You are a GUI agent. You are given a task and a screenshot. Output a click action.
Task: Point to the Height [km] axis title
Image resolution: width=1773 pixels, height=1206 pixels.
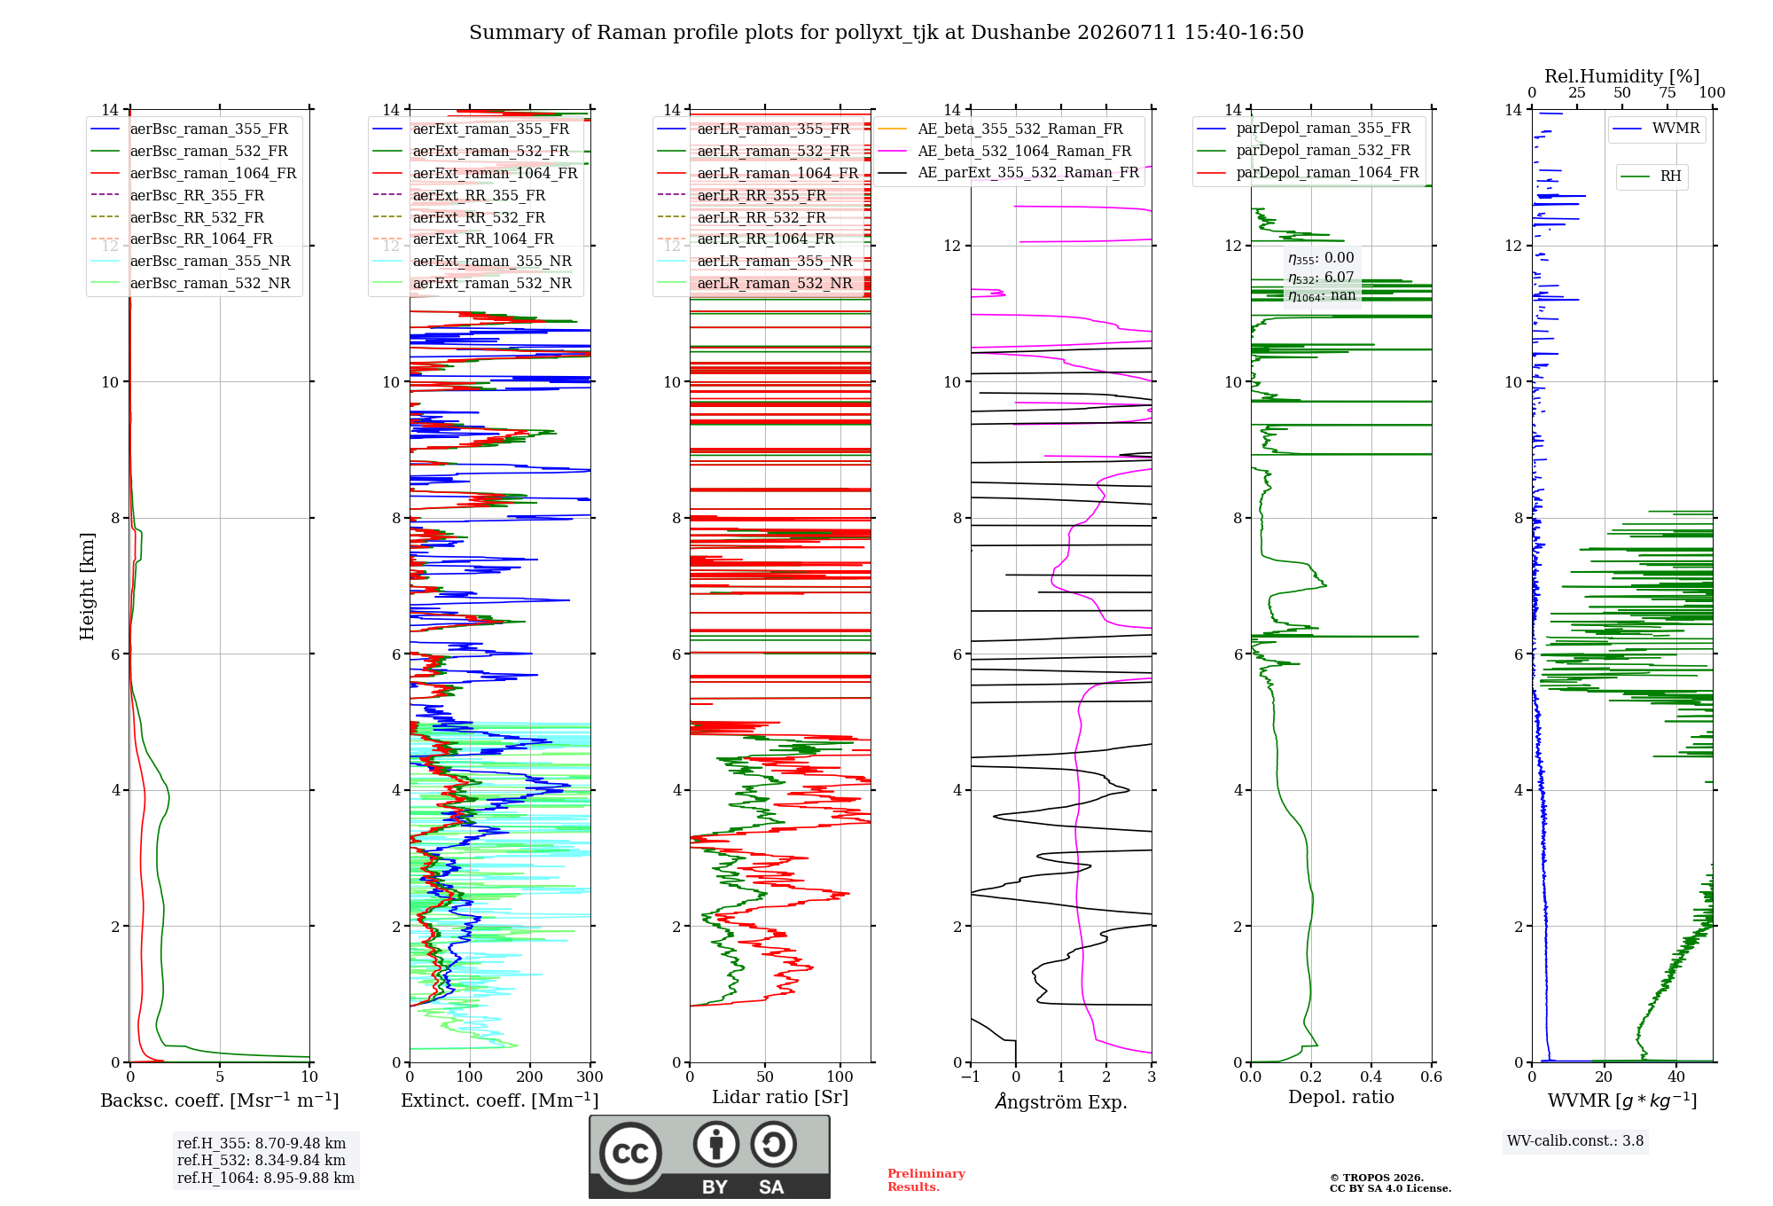click(87, 586)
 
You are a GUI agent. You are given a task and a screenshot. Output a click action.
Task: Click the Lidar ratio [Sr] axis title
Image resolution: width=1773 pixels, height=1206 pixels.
click(780, 1097)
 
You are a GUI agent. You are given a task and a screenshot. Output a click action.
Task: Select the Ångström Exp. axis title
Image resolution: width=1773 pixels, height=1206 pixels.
click(1061, 1101)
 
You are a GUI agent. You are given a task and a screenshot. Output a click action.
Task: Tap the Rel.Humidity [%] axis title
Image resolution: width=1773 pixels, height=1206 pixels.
click(1621, 76)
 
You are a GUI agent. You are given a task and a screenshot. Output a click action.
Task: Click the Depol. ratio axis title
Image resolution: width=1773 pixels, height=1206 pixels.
click(1341, 1097)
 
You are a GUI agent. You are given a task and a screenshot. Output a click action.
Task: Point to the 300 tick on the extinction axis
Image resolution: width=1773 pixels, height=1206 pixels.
click(590, 1077)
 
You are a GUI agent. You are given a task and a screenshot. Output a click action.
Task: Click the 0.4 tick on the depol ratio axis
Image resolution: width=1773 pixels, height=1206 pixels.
click(1371, 1077)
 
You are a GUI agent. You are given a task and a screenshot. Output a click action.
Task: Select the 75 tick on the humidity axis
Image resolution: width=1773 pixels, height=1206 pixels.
click(1668, 93)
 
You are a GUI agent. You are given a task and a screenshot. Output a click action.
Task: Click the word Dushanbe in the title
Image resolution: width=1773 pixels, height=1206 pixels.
click(1020, 33)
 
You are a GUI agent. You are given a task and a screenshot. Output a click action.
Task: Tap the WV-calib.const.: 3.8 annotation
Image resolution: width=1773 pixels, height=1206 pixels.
click(1575, 1141)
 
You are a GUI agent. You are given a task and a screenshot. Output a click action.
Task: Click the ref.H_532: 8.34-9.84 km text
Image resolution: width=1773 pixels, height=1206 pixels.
click(262, 1161)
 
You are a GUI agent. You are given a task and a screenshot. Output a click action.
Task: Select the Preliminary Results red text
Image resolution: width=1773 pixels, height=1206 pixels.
click(926, 1180)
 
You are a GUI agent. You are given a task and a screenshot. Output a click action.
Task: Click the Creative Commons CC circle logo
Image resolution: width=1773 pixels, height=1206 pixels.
click(631, 1153)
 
